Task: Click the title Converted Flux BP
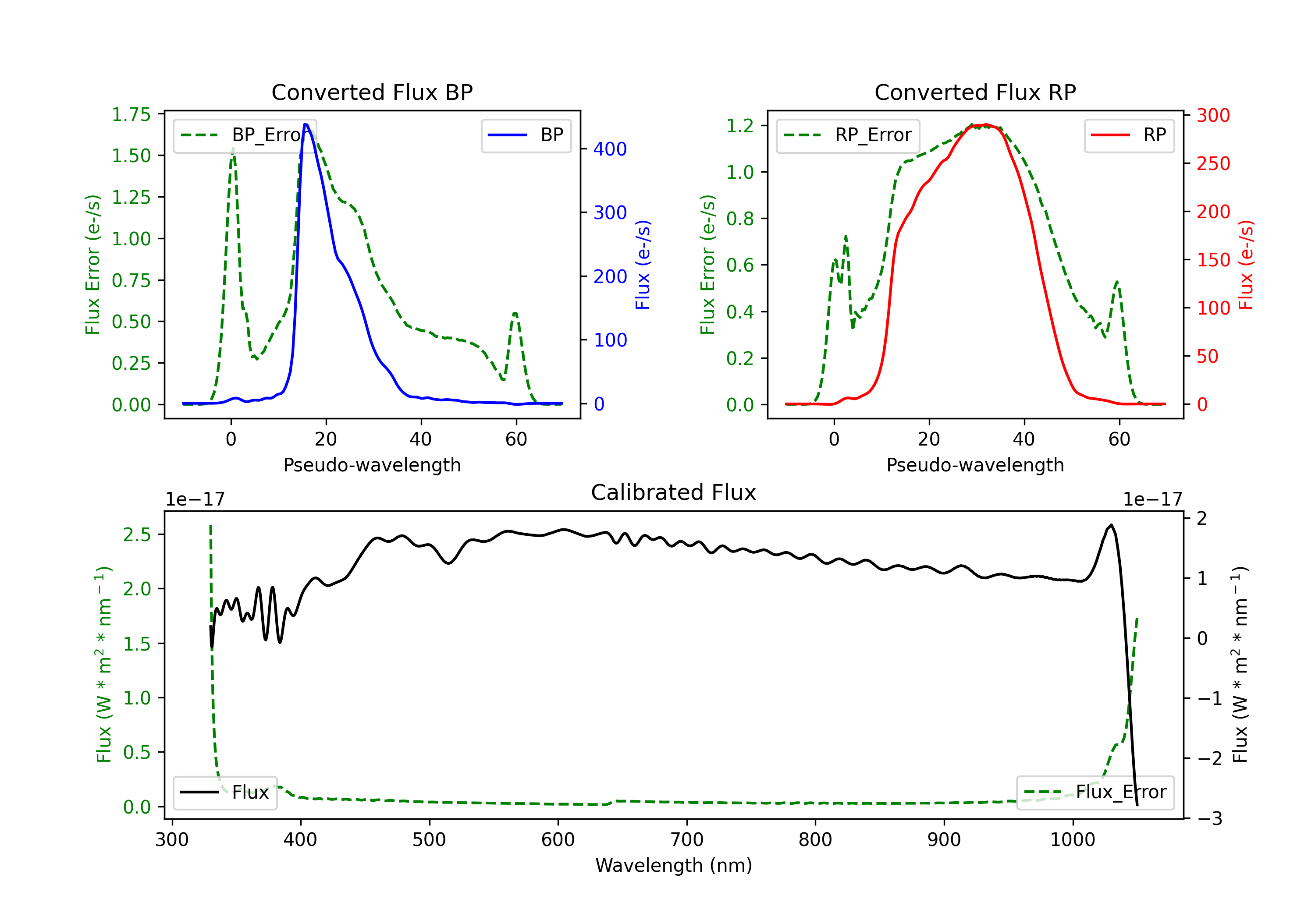372,92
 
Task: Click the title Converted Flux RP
975,92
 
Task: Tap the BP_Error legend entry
245,135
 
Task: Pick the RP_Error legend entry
848,135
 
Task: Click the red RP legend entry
1129,135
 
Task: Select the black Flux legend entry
224,793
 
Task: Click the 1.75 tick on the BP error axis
131,114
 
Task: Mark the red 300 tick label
1213,116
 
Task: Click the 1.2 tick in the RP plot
740,126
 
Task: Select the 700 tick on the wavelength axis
687,840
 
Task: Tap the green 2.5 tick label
137,535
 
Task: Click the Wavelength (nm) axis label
674,866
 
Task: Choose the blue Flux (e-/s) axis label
643,265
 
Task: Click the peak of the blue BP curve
306,124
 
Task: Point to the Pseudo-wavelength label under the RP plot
975,465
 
